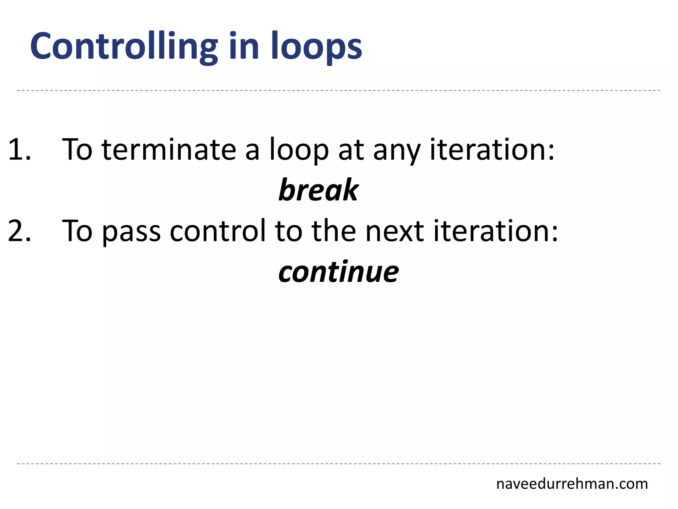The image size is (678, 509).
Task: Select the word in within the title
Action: pyautogui.click(x=244, y=47)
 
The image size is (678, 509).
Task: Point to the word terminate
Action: pyautogui.click(x=169, y=150)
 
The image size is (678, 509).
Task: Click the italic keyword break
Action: pyautogui.click(x=318, y=190)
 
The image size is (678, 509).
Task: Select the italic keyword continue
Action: pyautogui.click(x=338, y=272)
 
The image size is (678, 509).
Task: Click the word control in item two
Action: pyautogui.click(x=218, y=231)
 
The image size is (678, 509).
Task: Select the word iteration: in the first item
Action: pyautogui.click(x=492, y=150)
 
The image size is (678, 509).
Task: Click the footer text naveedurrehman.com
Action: pyautogui.click(x=572, y=484)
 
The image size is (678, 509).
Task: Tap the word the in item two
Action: pyautogui.click(x=333, y=231)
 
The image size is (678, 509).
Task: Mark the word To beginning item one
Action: pyautogui.click(x=77, y=150)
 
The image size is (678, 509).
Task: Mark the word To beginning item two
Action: pyautogui.click(x=77, y=231)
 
